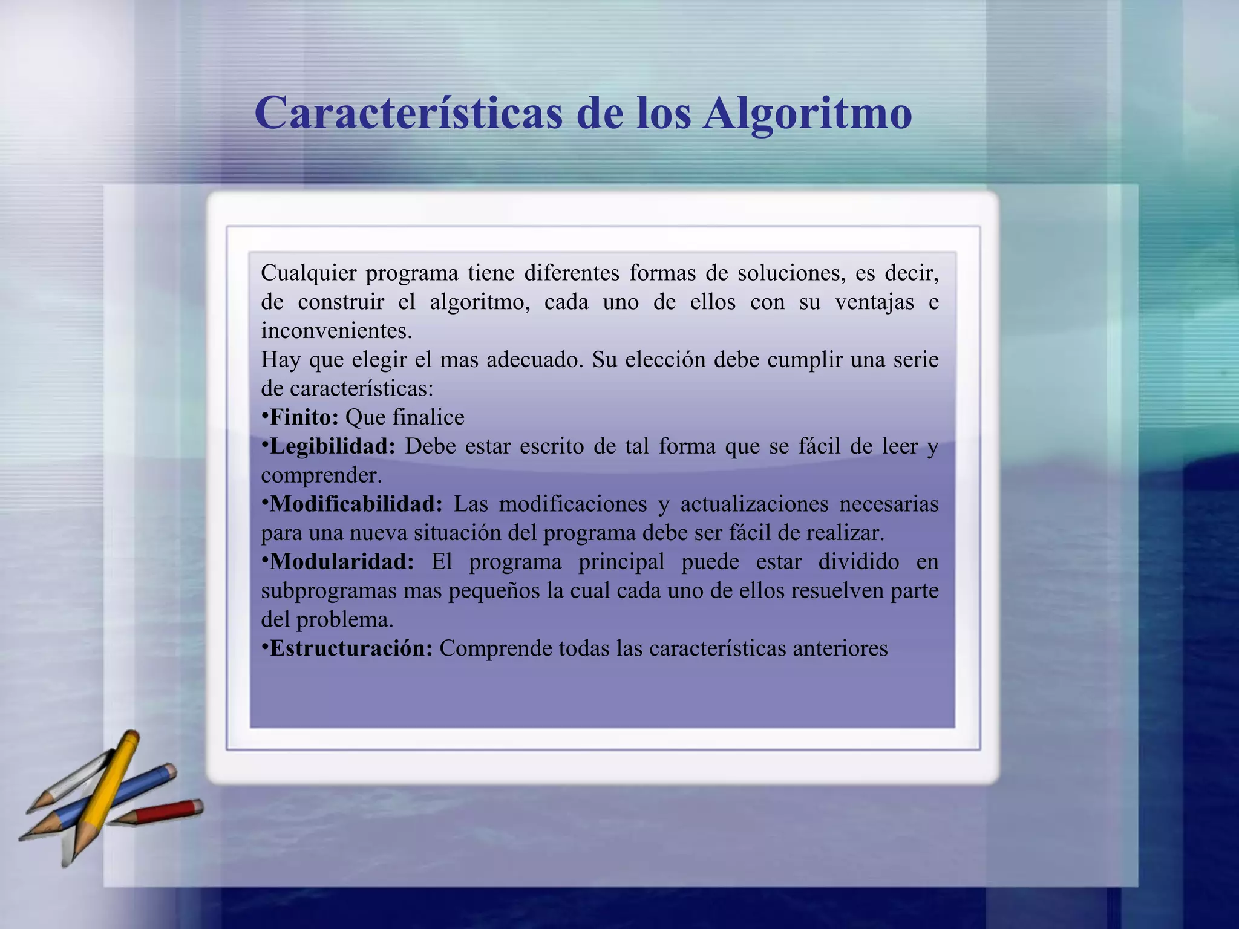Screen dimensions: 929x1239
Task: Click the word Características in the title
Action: [x=409, y=113]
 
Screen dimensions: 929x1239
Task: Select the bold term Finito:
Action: [x=304, y=417]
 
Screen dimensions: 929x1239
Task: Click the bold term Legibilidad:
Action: [x=332, y=446]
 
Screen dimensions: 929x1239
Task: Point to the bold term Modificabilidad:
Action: [x=356, y=504]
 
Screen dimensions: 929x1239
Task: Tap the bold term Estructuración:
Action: [x=351, y=648]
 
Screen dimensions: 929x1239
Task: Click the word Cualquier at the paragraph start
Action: [x=309, y=273]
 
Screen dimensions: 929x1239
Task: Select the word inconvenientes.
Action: [x=336, y=331]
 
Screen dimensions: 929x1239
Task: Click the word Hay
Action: [x=280, y=360]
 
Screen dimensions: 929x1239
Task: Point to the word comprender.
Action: [x=321, y=475]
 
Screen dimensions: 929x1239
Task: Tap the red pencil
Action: [x=163, y=812]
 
